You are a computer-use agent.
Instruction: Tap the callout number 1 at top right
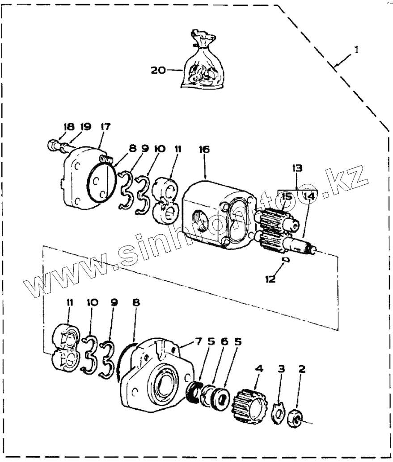(x=356, y=50)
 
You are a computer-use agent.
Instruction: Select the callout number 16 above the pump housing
(x=204, y=150)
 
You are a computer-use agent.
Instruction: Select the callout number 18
(x=68, y=127)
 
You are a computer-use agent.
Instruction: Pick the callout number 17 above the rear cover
(x=105, y=127)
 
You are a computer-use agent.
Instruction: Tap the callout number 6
(x=224, y=342)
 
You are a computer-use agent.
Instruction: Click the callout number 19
(x=85, y=127)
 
